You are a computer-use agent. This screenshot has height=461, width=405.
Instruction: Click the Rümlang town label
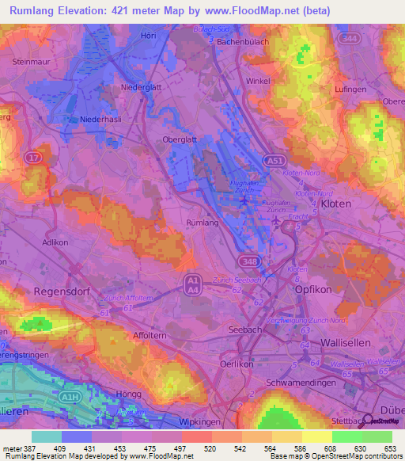[x=201, y=223]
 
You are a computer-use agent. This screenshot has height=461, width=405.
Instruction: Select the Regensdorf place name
[x=60, y=291]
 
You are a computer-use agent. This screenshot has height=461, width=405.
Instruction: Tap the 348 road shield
[x=250, y=261]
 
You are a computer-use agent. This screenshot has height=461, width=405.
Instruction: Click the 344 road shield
[x=346, y=38]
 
